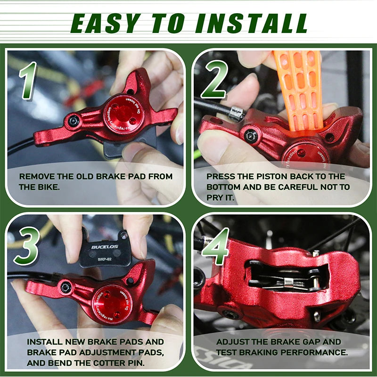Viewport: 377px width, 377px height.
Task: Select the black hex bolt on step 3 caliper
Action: click(x=66, y=287)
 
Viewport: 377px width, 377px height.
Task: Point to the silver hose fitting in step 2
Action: click(x=236, y=113)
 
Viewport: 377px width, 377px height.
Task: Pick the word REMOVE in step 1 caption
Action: click(x=36, y=177)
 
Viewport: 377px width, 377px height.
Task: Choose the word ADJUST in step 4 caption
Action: click(x=233, y=342)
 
